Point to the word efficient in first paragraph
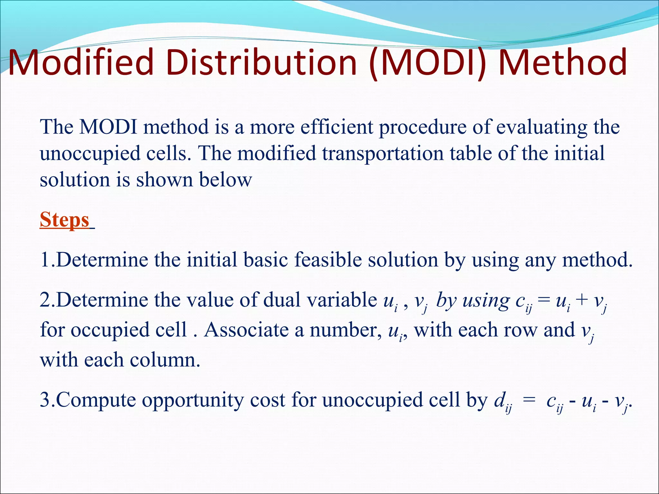tap(336, 127)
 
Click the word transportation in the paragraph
tap(383, 153)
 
